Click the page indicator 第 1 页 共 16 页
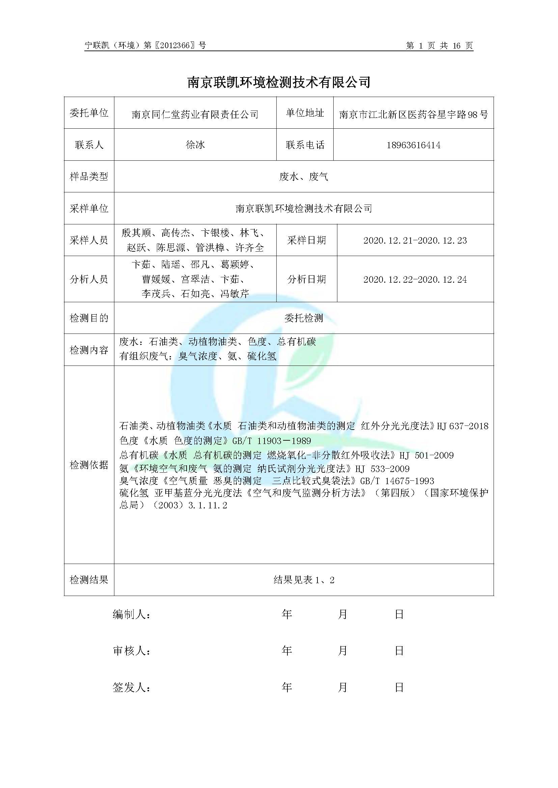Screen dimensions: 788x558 coord(439,45)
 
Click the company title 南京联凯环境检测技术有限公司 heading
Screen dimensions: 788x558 coord(279,82)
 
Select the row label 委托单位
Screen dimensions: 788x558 coord(89,113)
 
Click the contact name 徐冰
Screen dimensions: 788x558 coord(195,145)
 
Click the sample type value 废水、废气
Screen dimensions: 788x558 coord(304,177)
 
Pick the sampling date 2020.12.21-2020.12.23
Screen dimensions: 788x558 coord(415,240)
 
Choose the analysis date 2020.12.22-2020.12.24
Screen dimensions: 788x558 coord(415,279)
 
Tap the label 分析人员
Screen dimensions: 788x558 coord(89,279)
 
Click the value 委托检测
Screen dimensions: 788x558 coord(304,318)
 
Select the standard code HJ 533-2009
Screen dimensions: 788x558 coord(383,469)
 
